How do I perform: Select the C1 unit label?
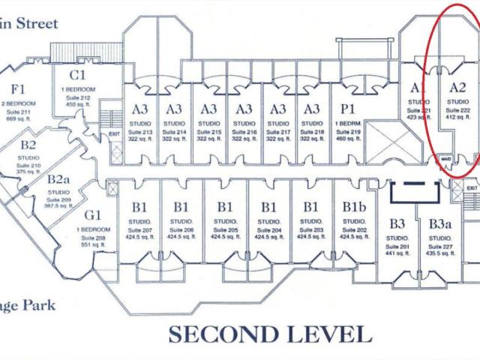(x=78, y=74)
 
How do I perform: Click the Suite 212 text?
(x=79, y=97)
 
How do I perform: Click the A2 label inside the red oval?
(x=457, y=87)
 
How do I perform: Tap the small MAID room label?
(x=445, y=158)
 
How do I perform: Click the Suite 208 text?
(x=94, y=237)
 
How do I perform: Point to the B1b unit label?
(x=355, y=206)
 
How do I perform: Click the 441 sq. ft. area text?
(x=397, y=253)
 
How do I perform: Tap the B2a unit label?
(x=59, y=180)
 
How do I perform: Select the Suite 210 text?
(x=28, y=164)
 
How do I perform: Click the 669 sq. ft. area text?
(x=16, y=118)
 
